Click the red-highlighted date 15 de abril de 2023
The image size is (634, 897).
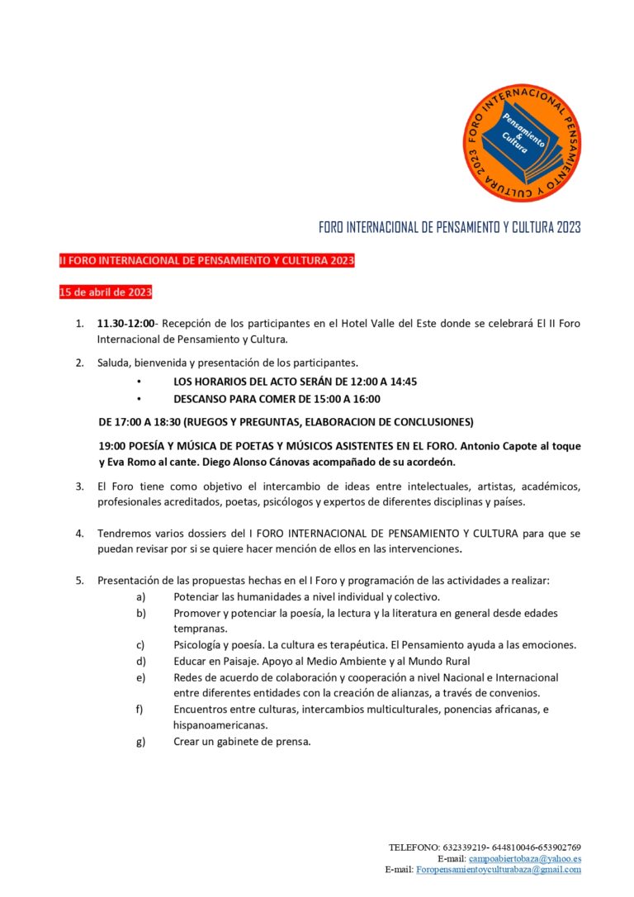(105, 292)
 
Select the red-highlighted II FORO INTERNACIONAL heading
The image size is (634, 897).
(206, 261)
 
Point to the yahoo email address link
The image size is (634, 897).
(524, 858)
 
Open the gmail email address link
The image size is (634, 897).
(498, 869)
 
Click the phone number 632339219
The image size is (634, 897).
(465, 847)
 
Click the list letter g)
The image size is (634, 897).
(140, 741)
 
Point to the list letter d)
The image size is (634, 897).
(140, 661)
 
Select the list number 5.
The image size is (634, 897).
(80, 580)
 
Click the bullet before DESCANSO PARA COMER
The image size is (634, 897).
(139, 398)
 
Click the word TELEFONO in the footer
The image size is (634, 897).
(414, 847)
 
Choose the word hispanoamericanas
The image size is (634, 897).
(220, 725)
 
